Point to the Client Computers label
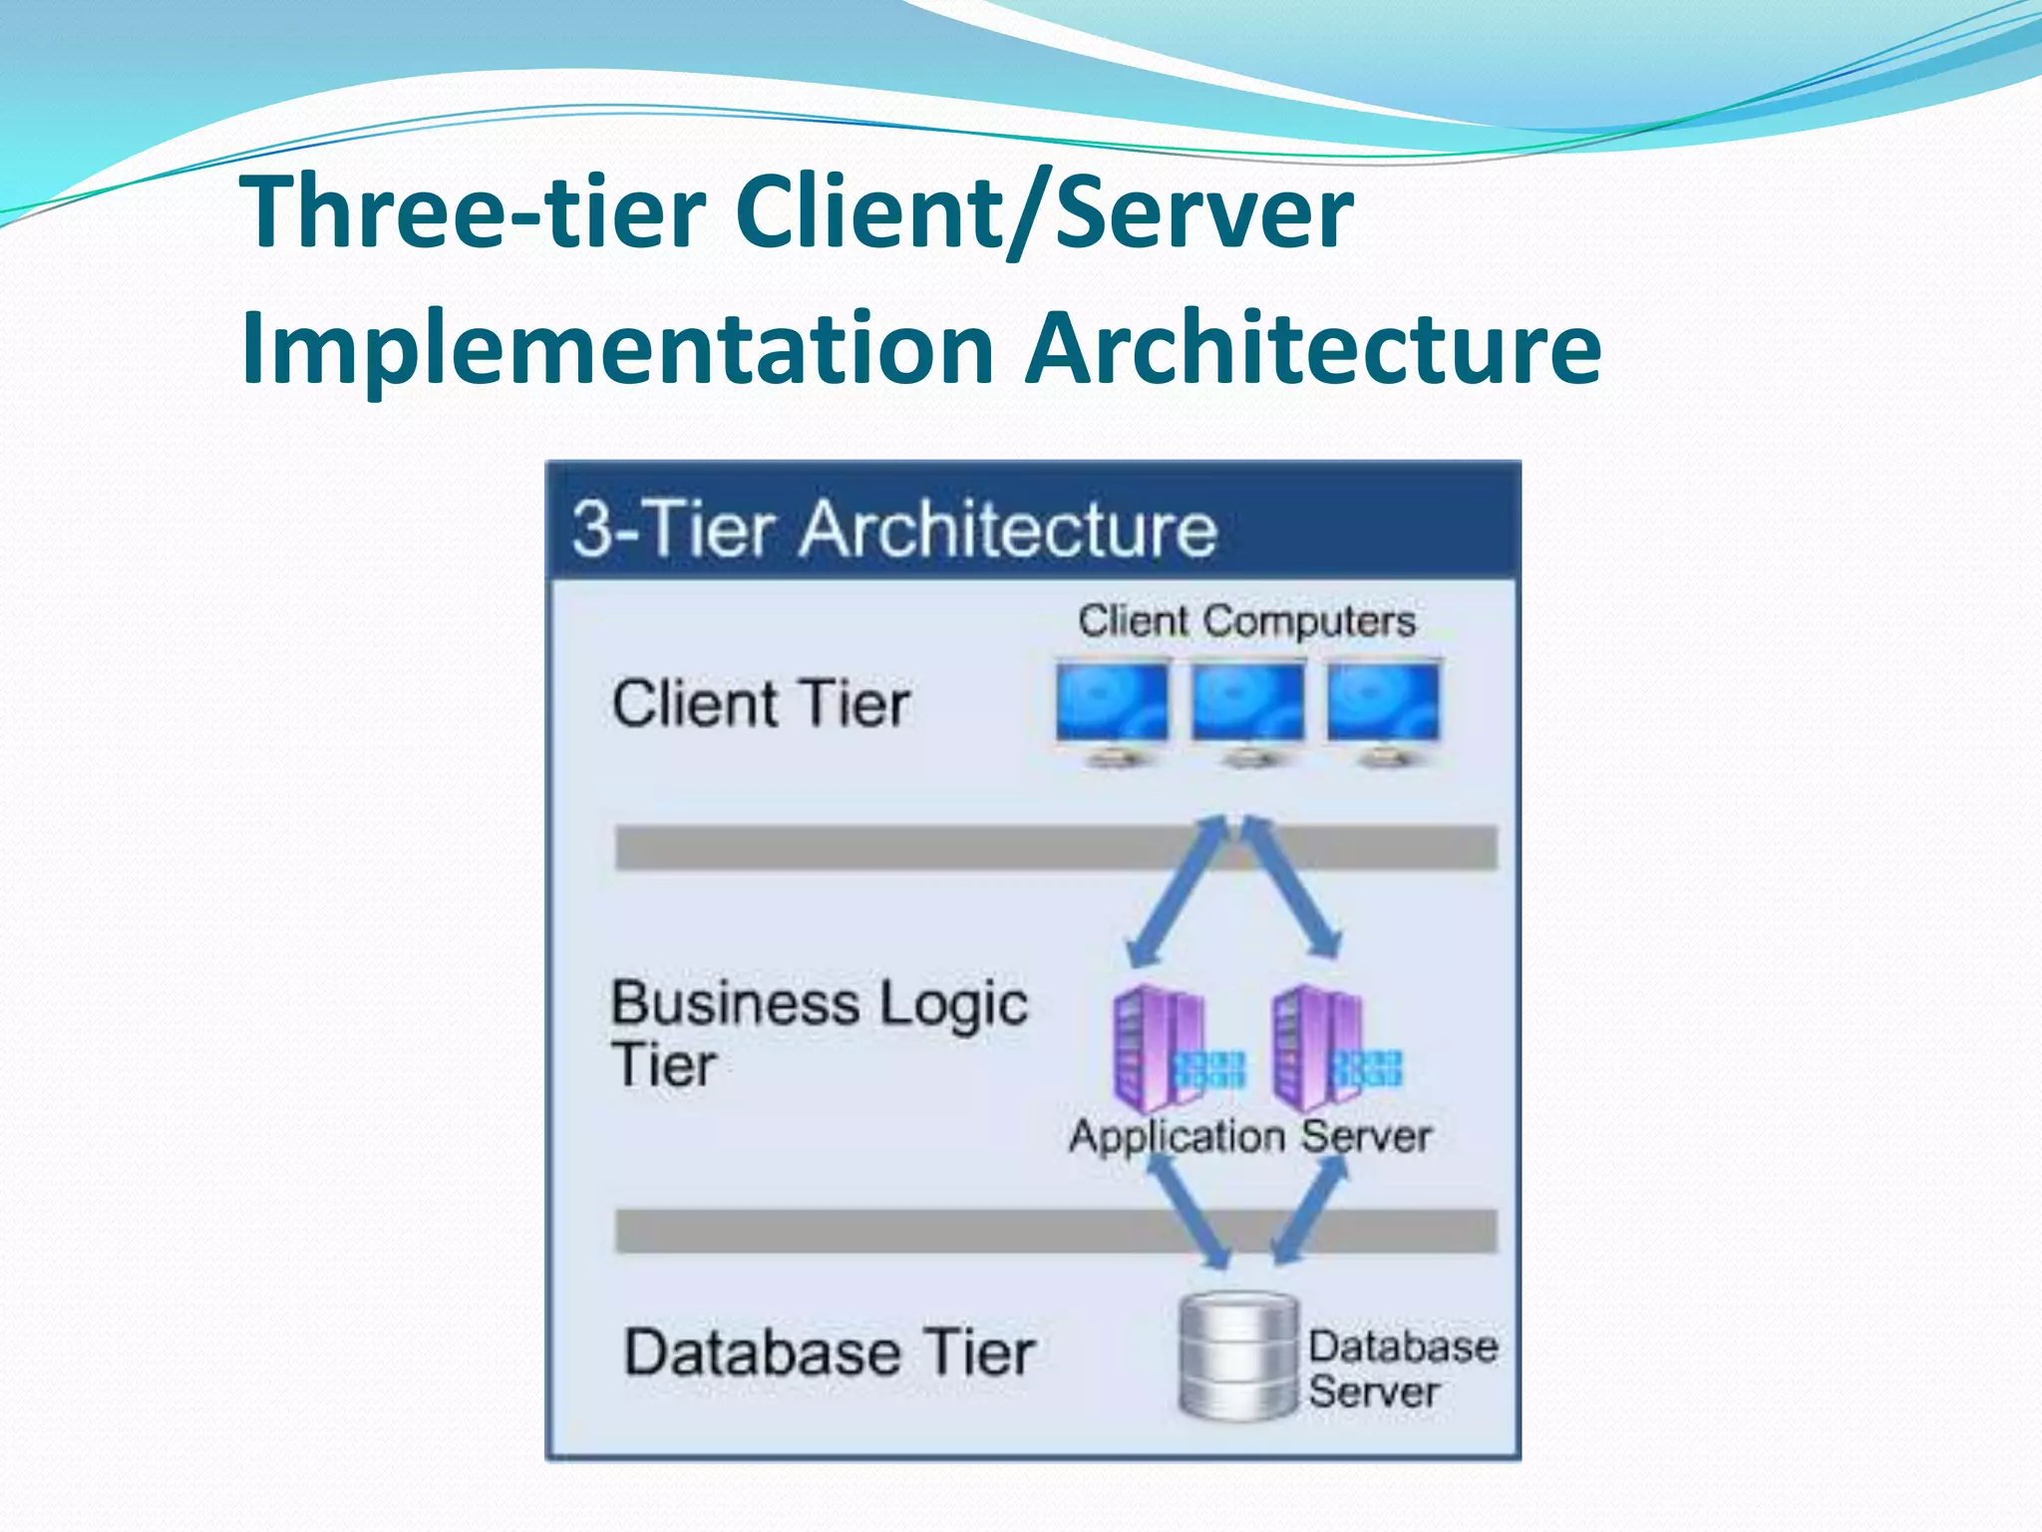pyautogui.click(x=1246, y=620)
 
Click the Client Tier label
pyautogui.click(x=761, y=704)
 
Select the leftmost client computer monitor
pyautogui.click(x=1113, y=709)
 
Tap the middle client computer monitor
pyautogui.click(x=1247, y=709)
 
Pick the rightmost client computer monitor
pyautogui.click(x=1383, y=709)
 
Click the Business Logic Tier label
pyautogui.click(x=818, y=1032)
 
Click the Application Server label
pyautogui.click(x=1250, y=1136)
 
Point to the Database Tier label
pyautogui.click(x=830, y=1352)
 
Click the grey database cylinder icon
pyautogui.click(x=1238, y=1356)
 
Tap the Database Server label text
pyautogui.click(x=1401, y=1368)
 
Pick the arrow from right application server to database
pyautogui.click(x=1311, y=1212)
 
